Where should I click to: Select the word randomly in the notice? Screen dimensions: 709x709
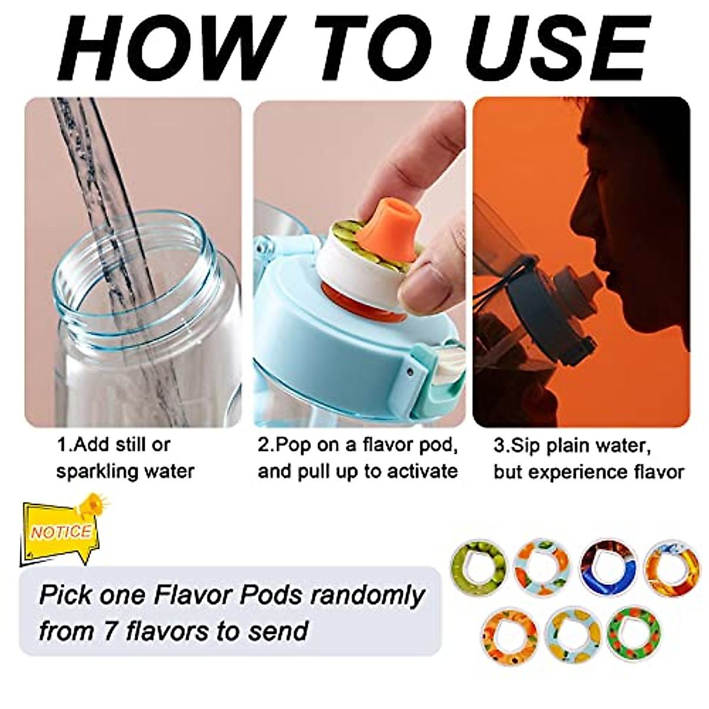[x=374, y=594]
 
